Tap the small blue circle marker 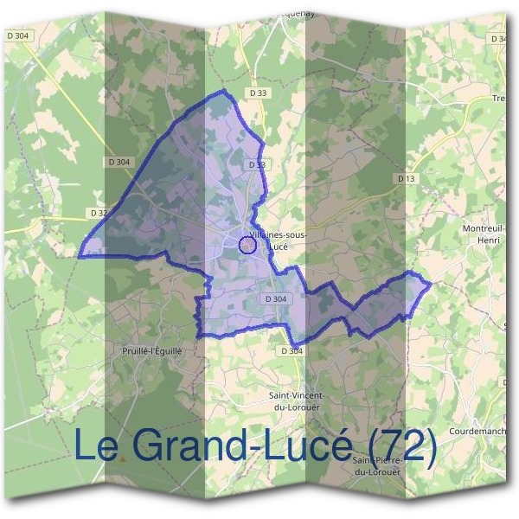click(x=247, y=245)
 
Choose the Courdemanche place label click(x=484, y=431)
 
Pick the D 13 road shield click(x=407, y=178)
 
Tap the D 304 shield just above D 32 click(x=120, y=162)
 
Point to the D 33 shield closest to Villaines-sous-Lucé click(x=256, y=163)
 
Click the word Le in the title click(x=96, y=445)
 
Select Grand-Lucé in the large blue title click(x=242, y=445)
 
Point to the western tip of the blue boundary click(x=80, y=256)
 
